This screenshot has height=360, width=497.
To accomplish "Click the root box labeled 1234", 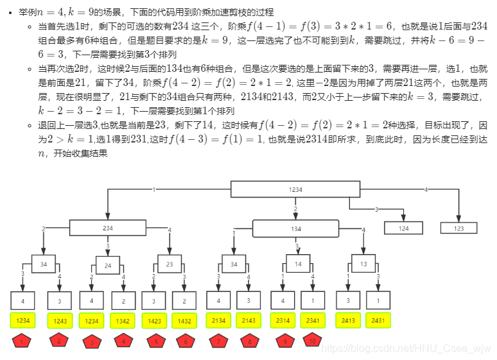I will (295, 189).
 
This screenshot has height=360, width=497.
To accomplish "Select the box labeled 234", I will (107, 228).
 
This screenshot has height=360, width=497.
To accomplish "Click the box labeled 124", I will (404, 228).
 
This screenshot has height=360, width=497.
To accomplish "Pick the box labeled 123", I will (458, 228).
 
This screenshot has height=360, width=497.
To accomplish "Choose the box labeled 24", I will (108, 264).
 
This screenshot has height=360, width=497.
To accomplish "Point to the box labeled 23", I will (170, 264).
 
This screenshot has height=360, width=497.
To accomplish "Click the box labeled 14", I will (298, 264).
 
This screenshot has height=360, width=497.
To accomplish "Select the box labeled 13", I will (363, 264).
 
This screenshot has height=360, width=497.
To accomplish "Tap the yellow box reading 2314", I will (283, 320).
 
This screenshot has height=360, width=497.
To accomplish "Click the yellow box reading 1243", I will (59, 320).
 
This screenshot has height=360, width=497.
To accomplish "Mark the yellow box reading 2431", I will (378, 320).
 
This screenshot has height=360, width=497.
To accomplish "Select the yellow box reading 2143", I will (248, 320).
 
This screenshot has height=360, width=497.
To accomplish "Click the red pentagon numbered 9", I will (283, 341).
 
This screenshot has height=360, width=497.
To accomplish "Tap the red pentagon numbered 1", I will (23, 341).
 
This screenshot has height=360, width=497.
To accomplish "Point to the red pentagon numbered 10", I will (313, 341).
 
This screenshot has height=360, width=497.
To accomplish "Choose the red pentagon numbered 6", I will (186, 341).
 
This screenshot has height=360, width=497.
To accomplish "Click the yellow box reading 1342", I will (123, 320).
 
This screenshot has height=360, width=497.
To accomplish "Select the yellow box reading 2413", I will (347, 320).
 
